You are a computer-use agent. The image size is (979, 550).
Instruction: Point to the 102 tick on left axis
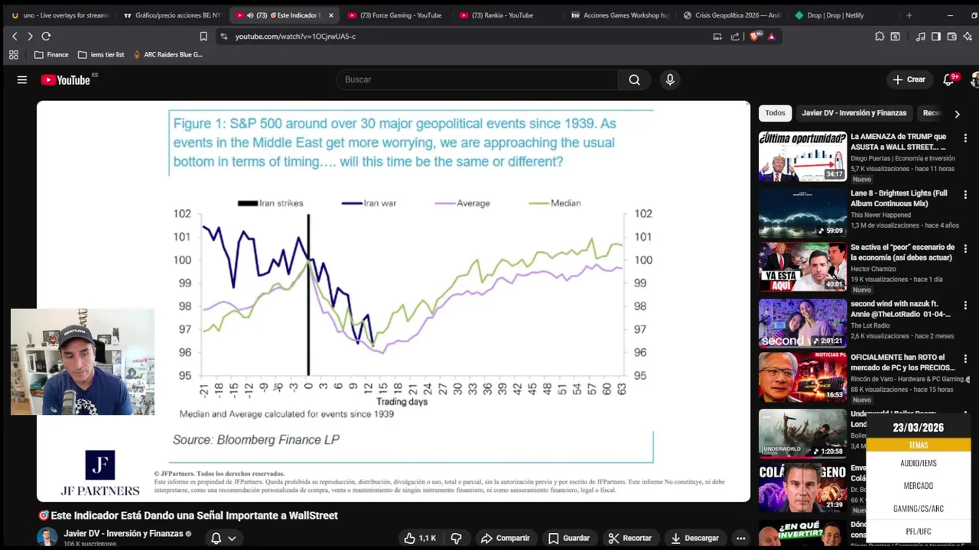[x=182, y=214]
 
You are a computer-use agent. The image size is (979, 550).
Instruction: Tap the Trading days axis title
[x=402, y=402]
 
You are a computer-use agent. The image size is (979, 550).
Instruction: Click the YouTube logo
[x=65, y=79]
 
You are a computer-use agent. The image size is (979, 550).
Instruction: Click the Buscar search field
[x=478, y=79]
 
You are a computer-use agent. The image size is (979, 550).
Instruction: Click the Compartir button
[x=505, y=538]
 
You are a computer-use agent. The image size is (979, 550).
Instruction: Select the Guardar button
[x=568, y=538]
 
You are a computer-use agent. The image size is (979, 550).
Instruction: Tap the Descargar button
[x=694, y=538]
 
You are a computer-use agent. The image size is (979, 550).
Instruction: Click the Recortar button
[x=629, y=538]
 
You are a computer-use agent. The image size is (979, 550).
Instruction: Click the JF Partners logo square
[x=100, y=465]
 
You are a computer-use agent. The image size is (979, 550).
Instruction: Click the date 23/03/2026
[x=918, y=428]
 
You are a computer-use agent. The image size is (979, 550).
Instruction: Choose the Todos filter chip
[x=775, y=113]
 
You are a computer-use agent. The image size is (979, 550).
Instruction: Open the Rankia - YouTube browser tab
[x=502, y=15]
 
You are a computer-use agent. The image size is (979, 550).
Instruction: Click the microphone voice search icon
[x=670, y=79]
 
